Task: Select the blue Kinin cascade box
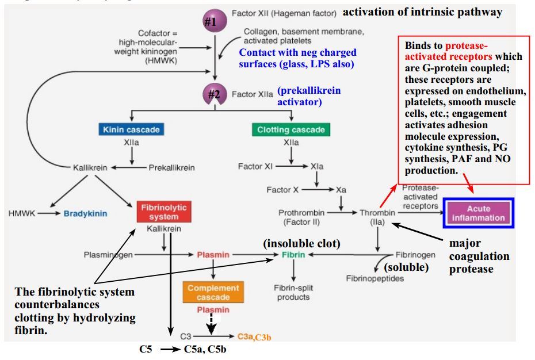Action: click(x=132, y=129)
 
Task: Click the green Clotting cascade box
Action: click(x=291, y=129)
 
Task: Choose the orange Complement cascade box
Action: click(x=213, y=292)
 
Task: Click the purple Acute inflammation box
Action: click(x=478, y=213)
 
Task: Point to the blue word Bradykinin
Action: click(x=85, y=213)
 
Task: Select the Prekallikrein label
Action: click(x=171, y=168)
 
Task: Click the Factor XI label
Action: click(x=255, y=167)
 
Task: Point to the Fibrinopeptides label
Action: click(x=375, y=278)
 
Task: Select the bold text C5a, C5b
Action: click(x=205, y=348)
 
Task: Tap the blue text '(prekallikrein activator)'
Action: click(x=308, y=96)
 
